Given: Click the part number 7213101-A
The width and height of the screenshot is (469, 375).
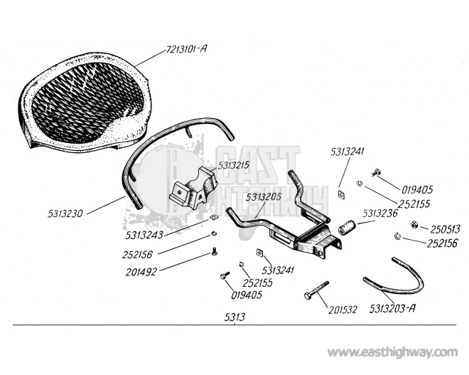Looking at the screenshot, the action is (x=186, y=49).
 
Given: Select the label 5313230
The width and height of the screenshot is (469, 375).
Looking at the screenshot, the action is (x=65, y=213).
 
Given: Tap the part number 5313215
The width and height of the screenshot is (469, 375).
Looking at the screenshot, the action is (x=234, y=165).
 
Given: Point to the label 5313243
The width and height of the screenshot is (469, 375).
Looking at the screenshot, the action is (x=144, y=235).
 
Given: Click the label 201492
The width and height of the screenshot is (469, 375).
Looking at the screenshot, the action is (x=141, y=272).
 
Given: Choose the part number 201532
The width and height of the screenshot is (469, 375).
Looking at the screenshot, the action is (x=343, y=310).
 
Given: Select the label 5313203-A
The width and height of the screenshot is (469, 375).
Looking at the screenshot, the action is (x=392, y=308).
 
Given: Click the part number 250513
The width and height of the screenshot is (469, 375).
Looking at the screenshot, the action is (x=445, y=229).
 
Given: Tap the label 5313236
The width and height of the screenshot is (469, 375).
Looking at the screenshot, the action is (x=380, y=213).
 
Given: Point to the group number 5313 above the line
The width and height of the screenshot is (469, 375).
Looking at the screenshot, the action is (x=234, y=317).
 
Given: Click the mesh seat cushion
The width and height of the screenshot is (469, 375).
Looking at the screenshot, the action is (x=84, y=102).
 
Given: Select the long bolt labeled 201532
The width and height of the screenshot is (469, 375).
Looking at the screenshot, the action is (x=316, y=290).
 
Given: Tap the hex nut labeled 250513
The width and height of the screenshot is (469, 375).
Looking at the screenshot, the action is (x=414, y=224).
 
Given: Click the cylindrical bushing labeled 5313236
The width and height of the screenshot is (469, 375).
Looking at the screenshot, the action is (x=346, y=227).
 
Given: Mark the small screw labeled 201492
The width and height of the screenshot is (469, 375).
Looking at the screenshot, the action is (x=215, y=251).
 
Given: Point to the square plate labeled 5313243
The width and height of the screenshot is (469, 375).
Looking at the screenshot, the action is (x=213, y=218).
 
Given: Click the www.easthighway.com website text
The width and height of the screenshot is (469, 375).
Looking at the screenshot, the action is (x=392, y=352).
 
